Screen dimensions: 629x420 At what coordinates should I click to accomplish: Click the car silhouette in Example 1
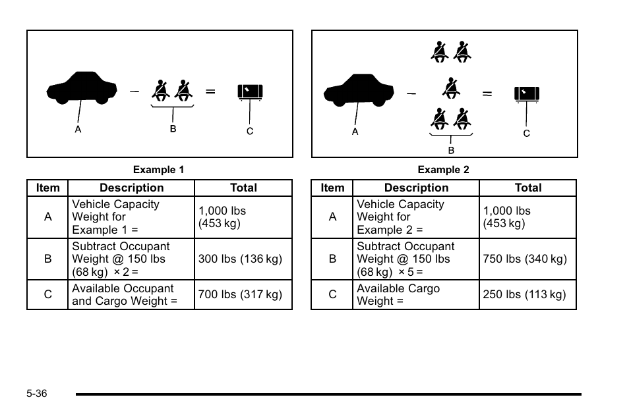click(x=82, y=88)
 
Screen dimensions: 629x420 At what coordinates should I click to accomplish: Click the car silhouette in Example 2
click(x=359, y=90)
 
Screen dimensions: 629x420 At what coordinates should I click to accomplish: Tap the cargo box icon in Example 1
click(x=250, y=92)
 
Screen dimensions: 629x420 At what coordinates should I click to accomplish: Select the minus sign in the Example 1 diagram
click(x=135, y=92)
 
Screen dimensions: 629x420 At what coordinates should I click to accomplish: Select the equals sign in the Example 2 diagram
click(x=487, y=93)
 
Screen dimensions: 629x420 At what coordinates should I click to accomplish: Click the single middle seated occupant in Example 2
click(x=451, y=88)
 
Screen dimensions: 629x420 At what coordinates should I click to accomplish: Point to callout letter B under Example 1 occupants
click(x=173, y=128)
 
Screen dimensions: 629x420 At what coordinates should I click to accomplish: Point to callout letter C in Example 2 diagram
click(x=527, y=134)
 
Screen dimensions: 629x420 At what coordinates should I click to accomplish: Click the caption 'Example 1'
click(x=158, y=170)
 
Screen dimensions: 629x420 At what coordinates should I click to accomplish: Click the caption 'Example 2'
click(x=443, y=170)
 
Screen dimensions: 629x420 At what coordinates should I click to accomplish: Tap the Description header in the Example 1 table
click(x=132, y=188)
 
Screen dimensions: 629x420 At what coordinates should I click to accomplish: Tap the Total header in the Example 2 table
click(x=528, y=188)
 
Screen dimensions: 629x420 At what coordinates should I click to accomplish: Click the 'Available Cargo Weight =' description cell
click(x=415, y=295)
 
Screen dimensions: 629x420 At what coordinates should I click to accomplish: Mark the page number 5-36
click(x=37, y=394)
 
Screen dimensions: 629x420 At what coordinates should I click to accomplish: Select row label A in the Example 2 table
click(x=332, y=217)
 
